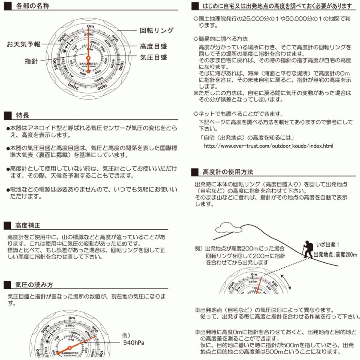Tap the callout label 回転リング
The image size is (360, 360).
156,30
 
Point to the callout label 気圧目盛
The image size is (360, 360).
153,57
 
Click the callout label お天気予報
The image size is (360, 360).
24,44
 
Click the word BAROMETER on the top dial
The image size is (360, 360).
88,63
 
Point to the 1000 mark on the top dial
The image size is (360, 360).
121,66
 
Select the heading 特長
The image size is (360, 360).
22,116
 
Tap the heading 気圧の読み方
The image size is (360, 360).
34,285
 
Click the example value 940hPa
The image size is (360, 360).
134,343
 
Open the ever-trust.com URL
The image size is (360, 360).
268,146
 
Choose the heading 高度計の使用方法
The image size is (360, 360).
228,172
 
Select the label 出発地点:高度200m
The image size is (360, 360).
335,254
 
